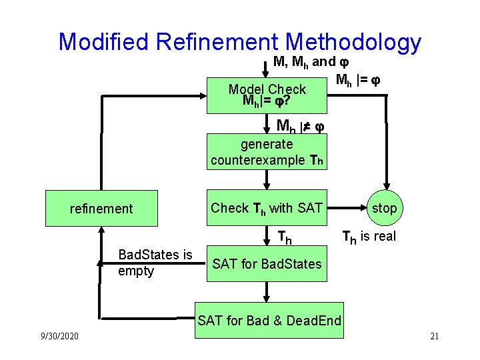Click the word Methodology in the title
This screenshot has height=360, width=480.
coord(353,42)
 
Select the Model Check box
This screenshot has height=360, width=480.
coord(267,95)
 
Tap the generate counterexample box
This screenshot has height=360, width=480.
coord(267,151)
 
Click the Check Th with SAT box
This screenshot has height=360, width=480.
coord(267,208)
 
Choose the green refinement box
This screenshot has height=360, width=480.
coord(101,209)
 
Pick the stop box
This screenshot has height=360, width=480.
coord(384,208)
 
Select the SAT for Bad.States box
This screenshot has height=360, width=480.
coord(267,264)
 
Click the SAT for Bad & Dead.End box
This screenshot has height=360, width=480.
coord(269,321)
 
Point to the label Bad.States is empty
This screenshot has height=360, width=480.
coord(155,263)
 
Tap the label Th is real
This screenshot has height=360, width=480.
coord(369,236)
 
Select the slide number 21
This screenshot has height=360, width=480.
coord(434,335)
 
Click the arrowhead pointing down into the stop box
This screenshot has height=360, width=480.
coord(385,187)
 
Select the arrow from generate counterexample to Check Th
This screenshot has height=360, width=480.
coord(267,178)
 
